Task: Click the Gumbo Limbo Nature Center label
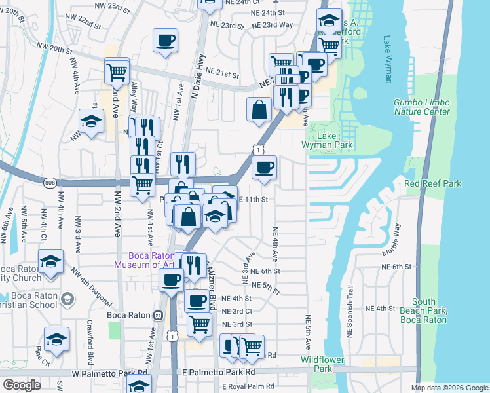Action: click(422, 107)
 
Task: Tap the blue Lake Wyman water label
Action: click(387, 59)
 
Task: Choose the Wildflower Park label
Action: click(318, 364)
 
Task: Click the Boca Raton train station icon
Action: click(157, 315)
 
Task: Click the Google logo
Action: click(22, 385)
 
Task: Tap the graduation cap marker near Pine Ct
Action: click(57, 340)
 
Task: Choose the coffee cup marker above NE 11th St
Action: click(264, 168)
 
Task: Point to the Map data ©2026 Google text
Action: click(449, 388)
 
